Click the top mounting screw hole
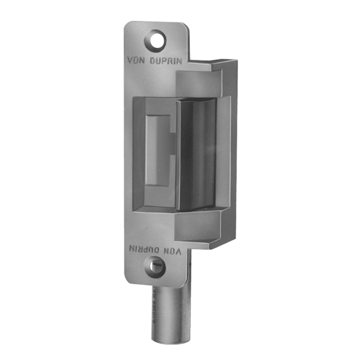155,40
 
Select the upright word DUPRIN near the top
166,61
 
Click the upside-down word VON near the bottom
173,250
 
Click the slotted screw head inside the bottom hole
156,266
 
